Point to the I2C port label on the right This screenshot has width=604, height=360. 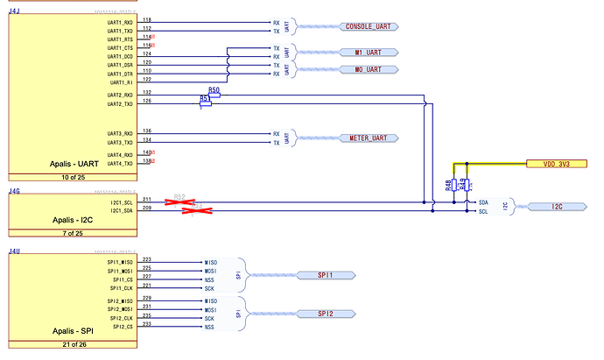pyautogui.click(x=557, y=207)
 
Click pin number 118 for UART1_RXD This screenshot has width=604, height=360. pyautogui.click(x=146, y=19)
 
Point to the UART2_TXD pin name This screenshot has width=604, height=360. pyautogui.click(x=121, y=104)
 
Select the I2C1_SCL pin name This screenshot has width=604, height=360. pyautogui.click(x=121, y=201)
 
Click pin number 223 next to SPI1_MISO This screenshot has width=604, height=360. pyautogui.click(x=146, y=260)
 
